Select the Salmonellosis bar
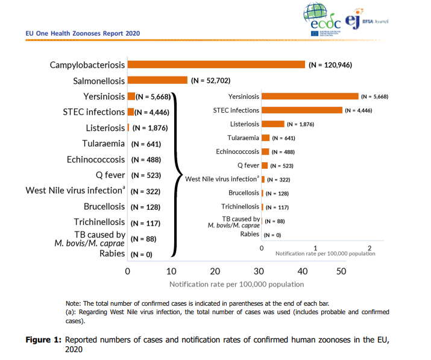point(157,80)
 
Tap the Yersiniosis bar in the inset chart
point(310,96)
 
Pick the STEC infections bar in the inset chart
point(302,110)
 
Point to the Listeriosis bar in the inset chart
point(273,124)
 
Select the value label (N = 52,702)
point(210,80)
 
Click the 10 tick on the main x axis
point(171,271)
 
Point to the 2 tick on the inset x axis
point(370,248)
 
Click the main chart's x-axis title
point(237,284)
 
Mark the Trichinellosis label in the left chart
point(99,222)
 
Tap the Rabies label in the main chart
point(112,253)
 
